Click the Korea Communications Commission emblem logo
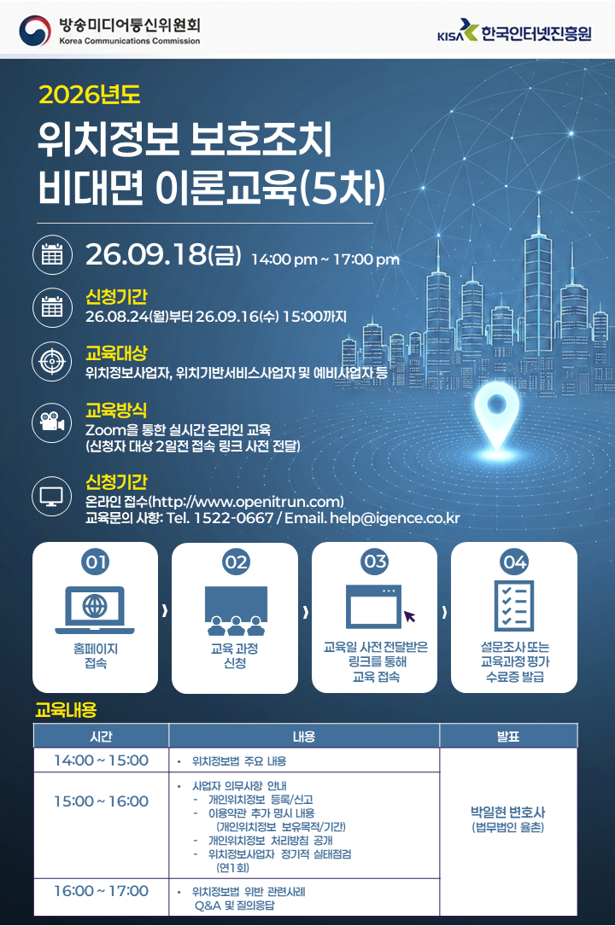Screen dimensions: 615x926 (35, 31)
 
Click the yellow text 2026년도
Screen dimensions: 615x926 (89, 95)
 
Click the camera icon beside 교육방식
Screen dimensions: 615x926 (52, 422)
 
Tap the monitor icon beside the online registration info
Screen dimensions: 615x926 (52, 496)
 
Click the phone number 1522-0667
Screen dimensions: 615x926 (233, 518)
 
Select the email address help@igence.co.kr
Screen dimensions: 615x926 (395, 518)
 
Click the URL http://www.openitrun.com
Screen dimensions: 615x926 (245, 502)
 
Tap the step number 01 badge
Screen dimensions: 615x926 (96, 562)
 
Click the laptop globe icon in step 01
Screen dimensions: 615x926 (95, 609)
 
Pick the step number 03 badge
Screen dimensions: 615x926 (375, 561)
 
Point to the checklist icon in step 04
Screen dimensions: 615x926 (514, 605)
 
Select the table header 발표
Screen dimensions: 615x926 (508, 737)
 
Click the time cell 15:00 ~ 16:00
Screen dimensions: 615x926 (101, 801)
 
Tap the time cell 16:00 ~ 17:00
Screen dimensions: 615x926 (101, 890)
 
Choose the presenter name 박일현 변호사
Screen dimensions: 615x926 (507, 812)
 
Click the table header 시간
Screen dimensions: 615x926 (101, 737)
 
